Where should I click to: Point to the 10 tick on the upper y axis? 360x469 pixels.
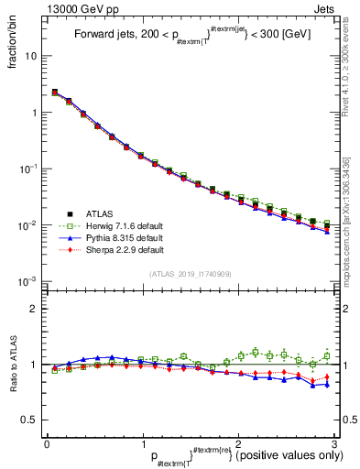point(32,56)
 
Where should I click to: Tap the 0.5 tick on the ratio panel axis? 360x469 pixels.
point(30,420)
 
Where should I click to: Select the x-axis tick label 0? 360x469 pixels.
point(47,443)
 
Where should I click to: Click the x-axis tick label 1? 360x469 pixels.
point(142,443)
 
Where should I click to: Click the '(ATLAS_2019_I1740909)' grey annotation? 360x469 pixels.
point(190,274)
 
